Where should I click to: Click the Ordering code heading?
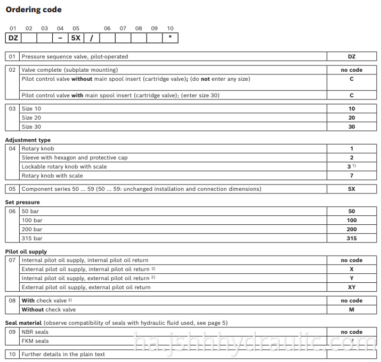[33, 10]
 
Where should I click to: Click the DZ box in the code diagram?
[13, 38]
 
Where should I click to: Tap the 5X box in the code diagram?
[76, 38]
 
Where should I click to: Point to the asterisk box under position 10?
[170, 38]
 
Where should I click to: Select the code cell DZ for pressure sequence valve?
[351, 56]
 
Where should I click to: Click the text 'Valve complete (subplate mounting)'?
[70, 70]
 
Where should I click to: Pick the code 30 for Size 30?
[351, 127]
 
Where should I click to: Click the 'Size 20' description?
[31, 117]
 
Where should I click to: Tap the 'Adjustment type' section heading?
[28, 140]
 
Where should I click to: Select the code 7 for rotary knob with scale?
[351, 175]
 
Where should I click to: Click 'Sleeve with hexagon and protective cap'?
[75, 157]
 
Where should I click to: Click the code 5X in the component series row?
[351, 189]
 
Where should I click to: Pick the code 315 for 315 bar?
[351, 238]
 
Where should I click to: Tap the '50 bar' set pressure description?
[30, 211]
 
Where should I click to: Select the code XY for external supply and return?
[351, 287]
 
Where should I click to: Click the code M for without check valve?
[351, 309]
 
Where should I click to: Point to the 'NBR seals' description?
[35, 332]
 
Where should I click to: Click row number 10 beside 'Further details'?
[13, 354]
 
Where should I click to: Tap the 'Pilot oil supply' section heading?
[26, 251]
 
